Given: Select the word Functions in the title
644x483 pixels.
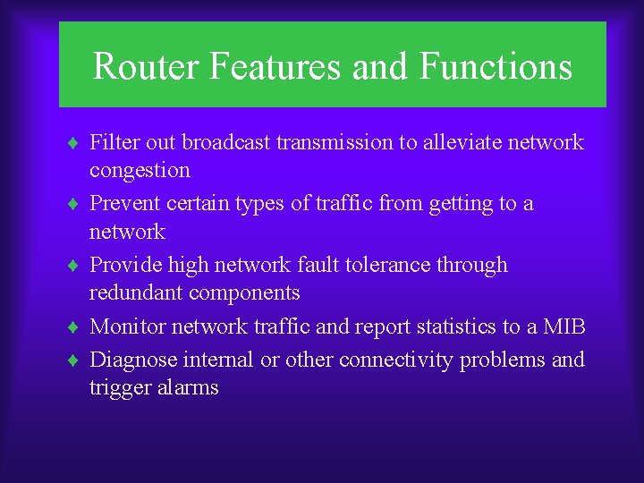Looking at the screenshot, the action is (496, 67).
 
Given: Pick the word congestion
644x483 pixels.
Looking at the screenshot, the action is (140, 171).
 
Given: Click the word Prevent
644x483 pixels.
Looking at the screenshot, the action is (125, 204).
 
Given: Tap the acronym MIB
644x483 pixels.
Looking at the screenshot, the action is (564, 327).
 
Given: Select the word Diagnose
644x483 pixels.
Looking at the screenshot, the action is (133, 360).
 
